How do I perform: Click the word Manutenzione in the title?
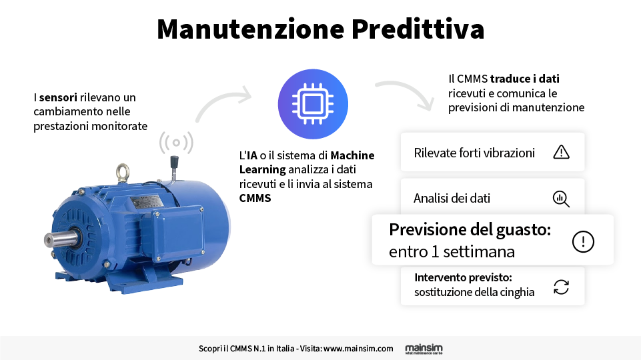(x=251, y=29)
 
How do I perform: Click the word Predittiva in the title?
(x=418, y=29)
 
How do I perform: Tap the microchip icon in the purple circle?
(x=313, y=104)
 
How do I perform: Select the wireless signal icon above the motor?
(x=176, y=143)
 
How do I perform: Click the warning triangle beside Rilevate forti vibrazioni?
(x=561, y=152)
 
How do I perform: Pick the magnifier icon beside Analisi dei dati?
(x=561, y=199)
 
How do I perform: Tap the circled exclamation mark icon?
(x=583, y=241)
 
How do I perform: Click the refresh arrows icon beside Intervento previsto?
(x=561, y=287)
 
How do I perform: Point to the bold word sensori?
(x=58, y=97)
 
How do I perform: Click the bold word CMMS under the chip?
(x=255, y=198)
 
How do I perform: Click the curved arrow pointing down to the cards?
(x=406, y=93)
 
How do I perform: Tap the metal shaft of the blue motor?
(x=60, y=239)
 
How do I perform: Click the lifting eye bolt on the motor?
(x=123, y=173)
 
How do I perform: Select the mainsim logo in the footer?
(x=424, y=349)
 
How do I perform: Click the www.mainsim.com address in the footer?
(x=358, y=349)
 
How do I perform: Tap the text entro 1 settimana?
(x=452, y=252)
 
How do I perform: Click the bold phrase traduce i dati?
(x=525, y=79)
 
